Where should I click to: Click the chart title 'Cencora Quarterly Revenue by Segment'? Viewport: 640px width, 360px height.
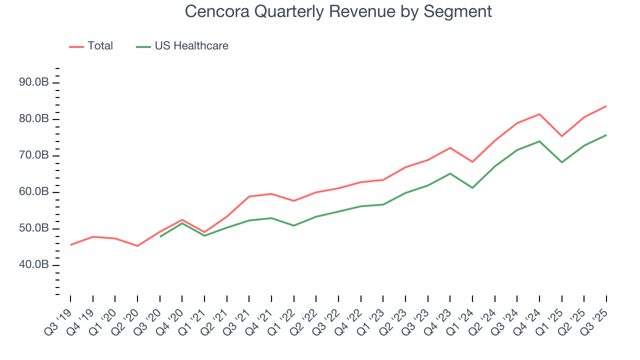point(338,11)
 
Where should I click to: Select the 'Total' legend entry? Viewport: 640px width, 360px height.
point(100,46)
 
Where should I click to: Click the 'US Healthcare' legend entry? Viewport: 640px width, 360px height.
point(191,46)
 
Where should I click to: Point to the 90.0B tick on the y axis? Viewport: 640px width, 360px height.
point(34,82)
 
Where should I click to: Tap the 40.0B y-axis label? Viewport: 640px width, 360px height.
point(34,265)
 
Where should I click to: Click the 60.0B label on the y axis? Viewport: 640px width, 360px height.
point(34,192)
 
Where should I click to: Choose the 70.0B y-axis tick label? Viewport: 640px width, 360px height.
point(34,155)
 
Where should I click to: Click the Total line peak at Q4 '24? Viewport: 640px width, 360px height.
point(539,114)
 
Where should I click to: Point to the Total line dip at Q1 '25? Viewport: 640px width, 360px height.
point(562,136)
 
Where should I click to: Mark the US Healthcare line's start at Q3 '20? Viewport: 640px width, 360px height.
point(160,236)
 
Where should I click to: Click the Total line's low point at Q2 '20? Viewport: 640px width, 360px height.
point(137,246)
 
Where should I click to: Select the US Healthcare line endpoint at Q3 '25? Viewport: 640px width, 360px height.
point(606,135)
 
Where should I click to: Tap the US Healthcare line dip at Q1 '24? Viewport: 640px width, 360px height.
point(472,188)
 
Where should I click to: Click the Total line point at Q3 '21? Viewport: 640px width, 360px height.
point(249,196)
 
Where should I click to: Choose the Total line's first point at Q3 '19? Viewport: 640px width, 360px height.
point(70,245)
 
